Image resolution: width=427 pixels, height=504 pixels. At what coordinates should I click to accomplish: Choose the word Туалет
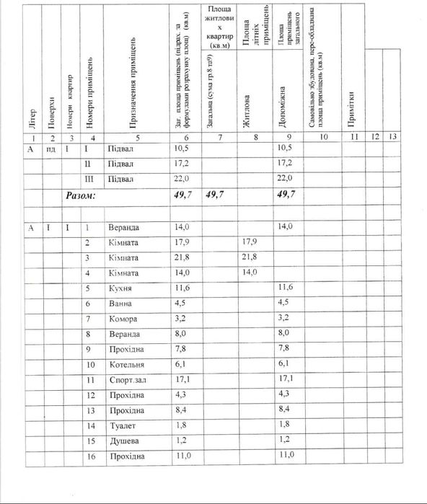120,425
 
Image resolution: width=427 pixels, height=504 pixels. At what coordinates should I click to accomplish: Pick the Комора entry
121,319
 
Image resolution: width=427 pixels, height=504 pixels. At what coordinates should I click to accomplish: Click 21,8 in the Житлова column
249,257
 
